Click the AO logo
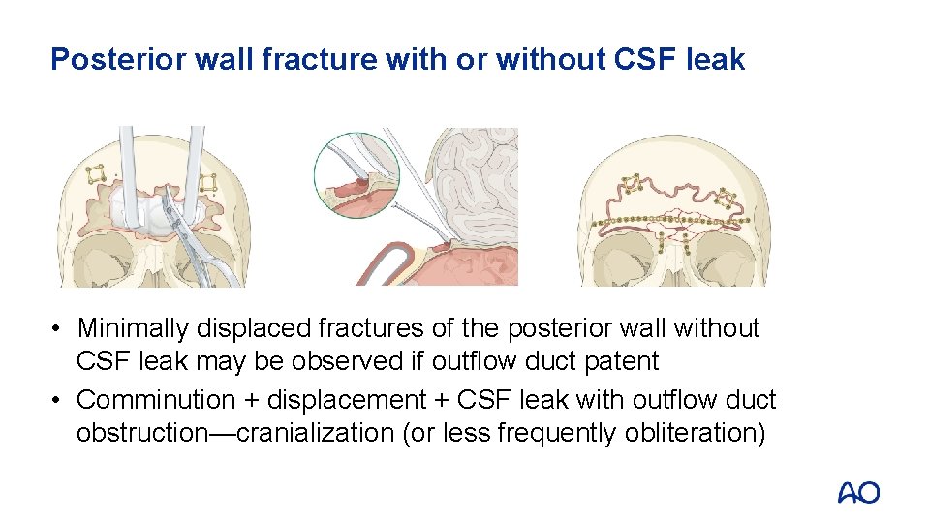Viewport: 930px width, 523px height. [858, 492]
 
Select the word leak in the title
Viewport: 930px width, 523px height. [716, 60]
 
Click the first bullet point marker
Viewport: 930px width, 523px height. [59, 329]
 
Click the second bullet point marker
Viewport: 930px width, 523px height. [59, 400]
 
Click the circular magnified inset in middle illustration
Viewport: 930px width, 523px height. [356, 175]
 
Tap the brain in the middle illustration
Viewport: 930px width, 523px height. [480, 184]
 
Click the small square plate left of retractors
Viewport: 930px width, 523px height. [96, 174]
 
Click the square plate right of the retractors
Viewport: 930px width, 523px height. [208, 182]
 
